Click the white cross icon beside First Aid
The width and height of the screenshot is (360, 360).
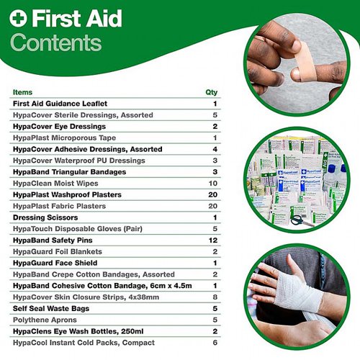18,18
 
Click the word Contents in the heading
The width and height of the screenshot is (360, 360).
56,42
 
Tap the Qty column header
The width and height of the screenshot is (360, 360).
212,92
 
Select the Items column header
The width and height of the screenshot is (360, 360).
22,92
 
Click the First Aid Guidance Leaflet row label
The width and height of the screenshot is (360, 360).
60,104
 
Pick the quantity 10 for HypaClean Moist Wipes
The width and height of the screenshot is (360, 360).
213,184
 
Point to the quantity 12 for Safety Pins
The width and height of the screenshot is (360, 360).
213,240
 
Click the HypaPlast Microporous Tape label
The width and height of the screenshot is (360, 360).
64,138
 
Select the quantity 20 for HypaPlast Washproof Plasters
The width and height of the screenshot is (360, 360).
213,194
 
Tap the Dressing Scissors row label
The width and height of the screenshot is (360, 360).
45,217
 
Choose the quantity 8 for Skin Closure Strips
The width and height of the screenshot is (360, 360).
215,297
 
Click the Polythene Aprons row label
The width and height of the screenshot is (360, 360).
45,320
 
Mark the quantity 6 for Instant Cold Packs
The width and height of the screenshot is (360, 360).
215,343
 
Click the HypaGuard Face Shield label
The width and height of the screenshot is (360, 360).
55,263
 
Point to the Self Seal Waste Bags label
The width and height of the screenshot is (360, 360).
51,309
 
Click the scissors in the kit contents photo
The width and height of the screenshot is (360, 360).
301,221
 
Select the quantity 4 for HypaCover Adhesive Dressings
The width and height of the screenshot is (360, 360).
215,149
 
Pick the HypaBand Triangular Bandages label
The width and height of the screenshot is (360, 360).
69,172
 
